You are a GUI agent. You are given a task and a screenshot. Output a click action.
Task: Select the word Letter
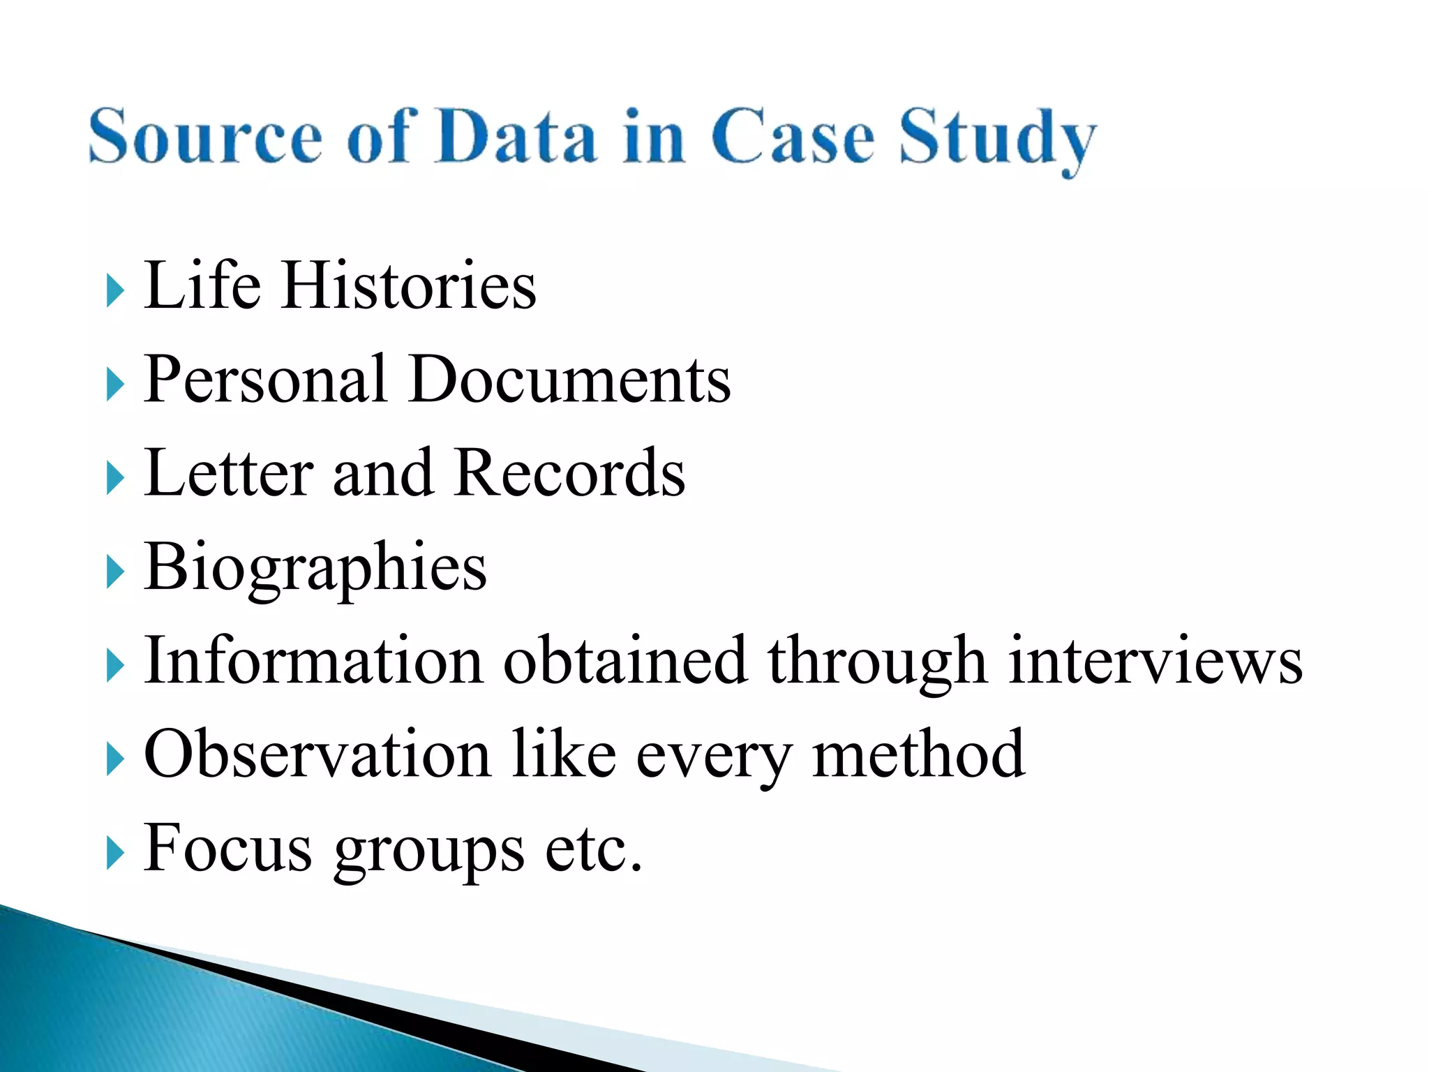(229, 472)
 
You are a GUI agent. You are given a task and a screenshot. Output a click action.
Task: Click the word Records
(569, 472)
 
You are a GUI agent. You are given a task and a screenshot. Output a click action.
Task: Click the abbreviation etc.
(593, 849)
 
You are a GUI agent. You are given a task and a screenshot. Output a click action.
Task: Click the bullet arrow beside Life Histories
(115, 290)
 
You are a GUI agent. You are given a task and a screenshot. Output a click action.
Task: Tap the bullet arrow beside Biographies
(115, 573)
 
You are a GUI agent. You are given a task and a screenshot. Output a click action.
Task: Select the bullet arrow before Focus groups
(115, 854)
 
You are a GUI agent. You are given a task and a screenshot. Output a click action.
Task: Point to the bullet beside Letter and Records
(115, 479)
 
